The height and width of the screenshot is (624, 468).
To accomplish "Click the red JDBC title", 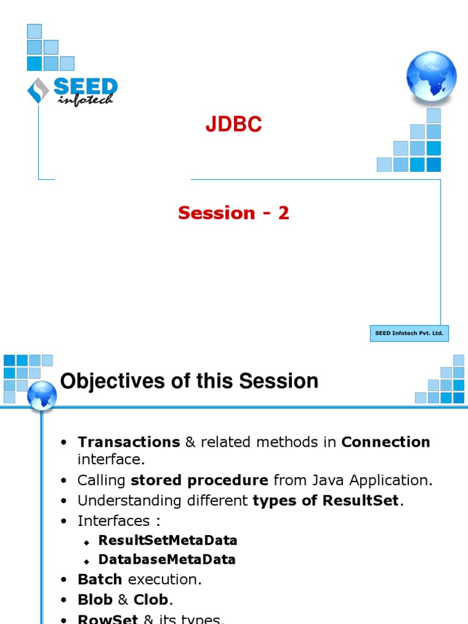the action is point(233,124).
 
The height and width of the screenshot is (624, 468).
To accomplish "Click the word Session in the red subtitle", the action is point(216,213).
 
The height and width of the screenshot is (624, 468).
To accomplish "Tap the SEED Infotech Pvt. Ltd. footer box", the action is point(409,333).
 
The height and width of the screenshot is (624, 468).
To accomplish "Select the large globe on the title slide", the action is point(431,76).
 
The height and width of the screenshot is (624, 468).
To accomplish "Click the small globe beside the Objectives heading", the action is point(42,395).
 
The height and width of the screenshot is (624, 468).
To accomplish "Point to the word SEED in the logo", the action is point(85,87).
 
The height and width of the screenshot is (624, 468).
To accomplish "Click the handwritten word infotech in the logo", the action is point(85,100).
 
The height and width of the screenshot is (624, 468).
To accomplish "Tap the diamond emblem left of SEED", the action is point(38,90).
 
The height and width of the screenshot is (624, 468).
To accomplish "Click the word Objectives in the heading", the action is point(112,381).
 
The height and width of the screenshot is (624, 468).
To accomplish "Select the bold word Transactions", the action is point(129,442).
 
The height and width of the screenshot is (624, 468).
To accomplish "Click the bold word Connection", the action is point(386,442).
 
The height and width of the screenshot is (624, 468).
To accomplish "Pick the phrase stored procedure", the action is point(199,480).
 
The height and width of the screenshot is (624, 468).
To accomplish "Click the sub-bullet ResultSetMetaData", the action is point(168,541).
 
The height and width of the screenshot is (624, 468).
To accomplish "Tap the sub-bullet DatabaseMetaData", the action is point(167,559).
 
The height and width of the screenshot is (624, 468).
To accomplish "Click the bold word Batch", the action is point(100,580).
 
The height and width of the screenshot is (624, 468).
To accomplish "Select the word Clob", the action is point(151,600).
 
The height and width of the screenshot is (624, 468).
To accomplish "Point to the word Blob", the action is point(95,600).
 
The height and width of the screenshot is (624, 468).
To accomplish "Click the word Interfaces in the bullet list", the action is point(114,521).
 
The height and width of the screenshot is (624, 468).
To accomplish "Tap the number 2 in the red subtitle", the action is point(283,213).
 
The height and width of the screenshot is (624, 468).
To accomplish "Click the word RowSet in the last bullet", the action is point(108,619).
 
